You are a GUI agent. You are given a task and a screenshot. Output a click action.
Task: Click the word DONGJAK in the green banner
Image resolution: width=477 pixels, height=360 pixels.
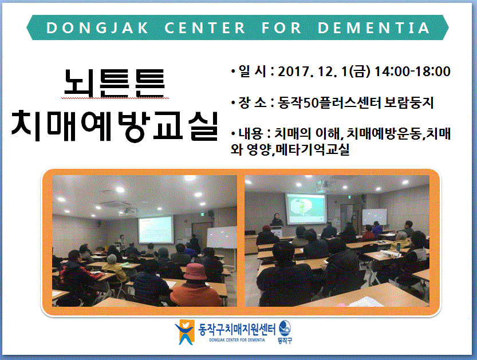97,28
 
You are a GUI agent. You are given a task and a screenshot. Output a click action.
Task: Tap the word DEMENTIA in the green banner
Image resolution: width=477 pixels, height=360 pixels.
373,28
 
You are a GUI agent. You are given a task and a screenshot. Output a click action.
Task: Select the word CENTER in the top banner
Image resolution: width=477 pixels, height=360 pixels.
205,28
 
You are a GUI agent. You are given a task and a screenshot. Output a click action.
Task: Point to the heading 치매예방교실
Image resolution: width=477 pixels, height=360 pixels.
115,126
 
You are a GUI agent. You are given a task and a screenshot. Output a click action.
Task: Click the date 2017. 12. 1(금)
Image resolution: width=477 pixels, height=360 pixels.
324,72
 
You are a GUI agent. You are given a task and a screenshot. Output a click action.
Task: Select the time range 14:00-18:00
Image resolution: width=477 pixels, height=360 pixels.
412,72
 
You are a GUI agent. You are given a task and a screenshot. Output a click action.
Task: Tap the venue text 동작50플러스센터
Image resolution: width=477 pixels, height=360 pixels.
329,103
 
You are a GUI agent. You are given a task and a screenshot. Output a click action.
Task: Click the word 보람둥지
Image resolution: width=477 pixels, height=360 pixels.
409,103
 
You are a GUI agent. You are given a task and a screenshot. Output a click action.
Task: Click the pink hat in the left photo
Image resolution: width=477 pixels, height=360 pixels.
195,271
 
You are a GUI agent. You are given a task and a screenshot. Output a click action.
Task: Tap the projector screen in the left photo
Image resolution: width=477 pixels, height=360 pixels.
155,230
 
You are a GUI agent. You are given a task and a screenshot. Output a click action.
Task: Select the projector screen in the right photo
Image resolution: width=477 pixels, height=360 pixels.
305,209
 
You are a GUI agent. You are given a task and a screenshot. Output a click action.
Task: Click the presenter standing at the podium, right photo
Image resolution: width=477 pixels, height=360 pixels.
277,220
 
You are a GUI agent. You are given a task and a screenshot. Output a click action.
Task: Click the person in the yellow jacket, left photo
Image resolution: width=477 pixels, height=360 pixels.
114,268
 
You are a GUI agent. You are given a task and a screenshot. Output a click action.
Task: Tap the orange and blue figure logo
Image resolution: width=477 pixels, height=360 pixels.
184,332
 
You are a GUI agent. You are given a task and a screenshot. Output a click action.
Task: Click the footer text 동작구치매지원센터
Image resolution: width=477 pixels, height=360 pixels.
236,329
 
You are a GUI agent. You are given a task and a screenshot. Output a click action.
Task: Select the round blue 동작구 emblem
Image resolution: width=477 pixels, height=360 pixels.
285,328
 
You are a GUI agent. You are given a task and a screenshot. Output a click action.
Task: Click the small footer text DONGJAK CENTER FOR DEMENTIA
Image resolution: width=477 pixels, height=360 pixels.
237,340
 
